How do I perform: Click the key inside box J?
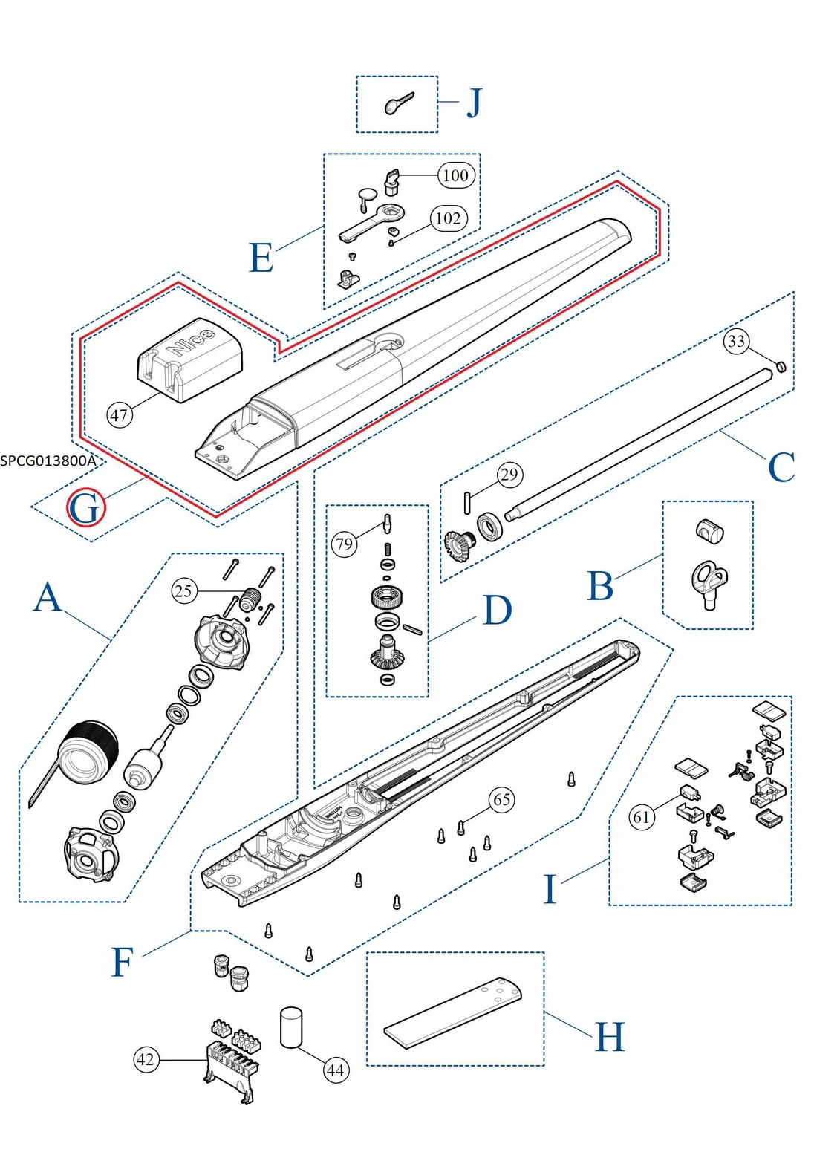[x=398, y=104]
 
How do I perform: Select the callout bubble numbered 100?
[x=455, y=175]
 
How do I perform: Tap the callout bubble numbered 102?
[x=448, y=218]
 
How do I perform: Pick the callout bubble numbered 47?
[x=120, y=414]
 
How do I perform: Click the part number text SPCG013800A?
[x=48, y=461]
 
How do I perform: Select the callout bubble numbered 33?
[x=736, y=341]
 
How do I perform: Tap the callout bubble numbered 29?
[x=509, y=475]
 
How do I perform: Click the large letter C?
[x=781, y=467]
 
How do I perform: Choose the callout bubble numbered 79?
[x=344, y=544]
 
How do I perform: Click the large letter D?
[x=497, y=611]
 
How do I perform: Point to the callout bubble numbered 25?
[x=183, y=591]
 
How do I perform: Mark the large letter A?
[x=48, y=597]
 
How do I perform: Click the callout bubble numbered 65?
[x=502, y=800]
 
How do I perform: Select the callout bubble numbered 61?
[x=642, y=817]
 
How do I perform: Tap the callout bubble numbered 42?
[x=146, y=1059]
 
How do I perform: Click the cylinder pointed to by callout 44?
[x=291, y=1027]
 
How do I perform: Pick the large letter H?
[x=610, y=1037]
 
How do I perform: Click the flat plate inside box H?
[x=453, y=1013]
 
